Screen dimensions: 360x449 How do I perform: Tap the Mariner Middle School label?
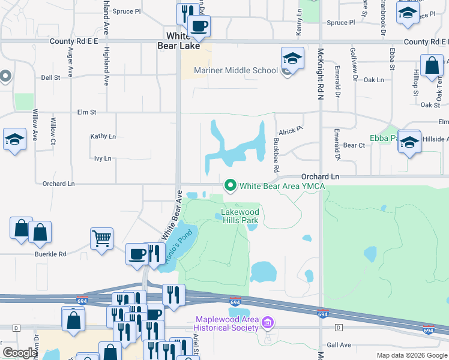pos(235,71)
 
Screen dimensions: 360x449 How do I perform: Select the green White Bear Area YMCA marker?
pos(229,185)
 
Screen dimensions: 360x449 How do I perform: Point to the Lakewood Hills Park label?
pos(240,216)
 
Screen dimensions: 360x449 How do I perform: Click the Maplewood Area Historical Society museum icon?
pos(268,323)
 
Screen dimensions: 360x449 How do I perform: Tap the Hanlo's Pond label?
pos(179,243)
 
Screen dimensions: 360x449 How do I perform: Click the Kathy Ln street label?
pos(103,137)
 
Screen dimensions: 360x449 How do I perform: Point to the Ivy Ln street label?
pos(103,158)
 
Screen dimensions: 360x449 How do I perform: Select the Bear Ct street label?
pos(354,145)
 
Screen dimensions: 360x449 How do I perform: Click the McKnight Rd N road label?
pos(321,74)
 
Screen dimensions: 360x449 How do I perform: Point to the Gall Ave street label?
pos(339,345)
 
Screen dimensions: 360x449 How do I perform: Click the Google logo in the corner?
pos(20,353)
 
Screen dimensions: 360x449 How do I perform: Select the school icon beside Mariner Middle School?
pos(292,59)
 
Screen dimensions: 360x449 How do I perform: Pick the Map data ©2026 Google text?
pos(411,355)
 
